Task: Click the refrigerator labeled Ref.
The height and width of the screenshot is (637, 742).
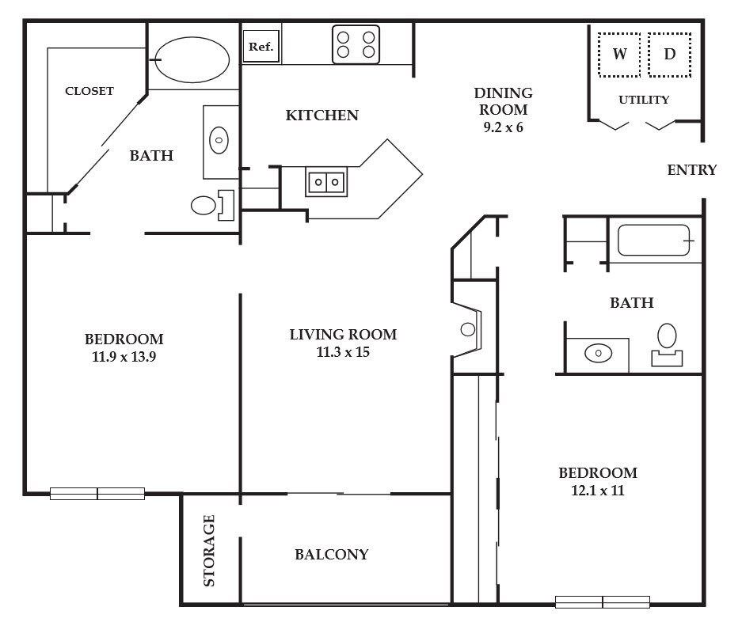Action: click(x=261, y=47)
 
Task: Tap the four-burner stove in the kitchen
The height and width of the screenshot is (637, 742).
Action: click(x=356, y=44)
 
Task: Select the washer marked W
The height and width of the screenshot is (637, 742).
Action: click(x=619, y=55)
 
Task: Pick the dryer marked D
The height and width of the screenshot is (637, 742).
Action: click(x=670, y=55)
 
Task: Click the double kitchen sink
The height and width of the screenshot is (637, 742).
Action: click(x=326, y=181)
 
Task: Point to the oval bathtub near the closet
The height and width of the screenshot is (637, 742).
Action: click(x=192, y=60)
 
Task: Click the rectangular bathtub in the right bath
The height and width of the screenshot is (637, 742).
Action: click(x=653, y=241)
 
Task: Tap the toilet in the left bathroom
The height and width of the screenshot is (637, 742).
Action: click(x=212, y=205)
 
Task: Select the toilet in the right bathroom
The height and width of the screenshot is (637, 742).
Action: click(x=667, y=345)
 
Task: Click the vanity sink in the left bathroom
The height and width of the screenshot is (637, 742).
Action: click(x=219, y=140)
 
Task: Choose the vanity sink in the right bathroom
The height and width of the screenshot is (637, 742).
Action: click(x=598, y=353)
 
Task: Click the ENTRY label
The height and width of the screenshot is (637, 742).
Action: click(x=692, y=170)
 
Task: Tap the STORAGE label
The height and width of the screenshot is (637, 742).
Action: click(x=209, y=551)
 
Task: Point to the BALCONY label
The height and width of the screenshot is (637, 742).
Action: click(x=332, y=554)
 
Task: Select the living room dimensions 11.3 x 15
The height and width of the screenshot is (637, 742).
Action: click(x=343, y=352)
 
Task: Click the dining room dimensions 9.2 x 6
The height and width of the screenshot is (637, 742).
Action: click(x=503, y=127)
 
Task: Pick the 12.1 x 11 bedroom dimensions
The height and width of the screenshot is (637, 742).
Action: click(x=598, y=491)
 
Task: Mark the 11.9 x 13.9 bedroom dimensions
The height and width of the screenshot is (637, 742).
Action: click(x=124, y=357)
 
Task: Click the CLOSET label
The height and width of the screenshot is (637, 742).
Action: click(x=89, y=91)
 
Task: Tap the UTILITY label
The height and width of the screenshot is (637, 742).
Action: click(x=644, y=100)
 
